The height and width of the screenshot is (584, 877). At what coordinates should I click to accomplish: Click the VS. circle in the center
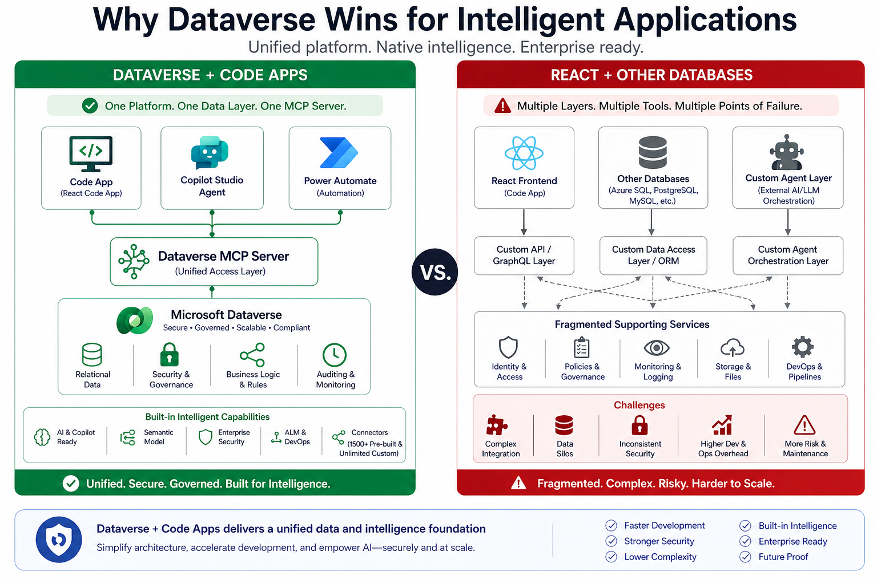[435, 272]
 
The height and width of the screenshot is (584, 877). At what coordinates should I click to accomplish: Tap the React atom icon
[524, 153]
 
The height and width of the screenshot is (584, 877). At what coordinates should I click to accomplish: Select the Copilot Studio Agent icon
[210, 152]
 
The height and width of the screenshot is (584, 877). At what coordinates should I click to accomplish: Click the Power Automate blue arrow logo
[339, 153]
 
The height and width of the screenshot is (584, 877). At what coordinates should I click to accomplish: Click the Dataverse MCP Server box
[214, 262]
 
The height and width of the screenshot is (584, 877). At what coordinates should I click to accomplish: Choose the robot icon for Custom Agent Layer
[787, 152]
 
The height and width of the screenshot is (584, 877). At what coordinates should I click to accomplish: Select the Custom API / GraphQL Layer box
[524, 255]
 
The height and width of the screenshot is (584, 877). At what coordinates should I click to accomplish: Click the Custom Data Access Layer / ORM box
[653, 255]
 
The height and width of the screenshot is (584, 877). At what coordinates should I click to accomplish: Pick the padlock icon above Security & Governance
[170, 354]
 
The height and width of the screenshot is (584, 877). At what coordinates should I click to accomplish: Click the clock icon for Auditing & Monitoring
[335, 355]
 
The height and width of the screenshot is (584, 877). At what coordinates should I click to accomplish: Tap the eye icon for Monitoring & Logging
[657, 347]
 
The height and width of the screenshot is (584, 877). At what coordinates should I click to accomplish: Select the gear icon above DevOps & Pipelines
[803, 347]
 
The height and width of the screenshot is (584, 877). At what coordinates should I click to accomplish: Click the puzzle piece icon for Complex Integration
[496, 425]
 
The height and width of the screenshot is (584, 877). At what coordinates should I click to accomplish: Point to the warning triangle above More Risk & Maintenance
[804, 425]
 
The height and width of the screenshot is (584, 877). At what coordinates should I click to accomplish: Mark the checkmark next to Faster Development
[612, 525]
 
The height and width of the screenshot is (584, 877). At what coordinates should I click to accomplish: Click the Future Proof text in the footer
[783, 557]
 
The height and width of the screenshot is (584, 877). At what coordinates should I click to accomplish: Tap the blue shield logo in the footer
[59, 540]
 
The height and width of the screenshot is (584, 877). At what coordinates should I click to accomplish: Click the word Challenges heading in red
[639, 405]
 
